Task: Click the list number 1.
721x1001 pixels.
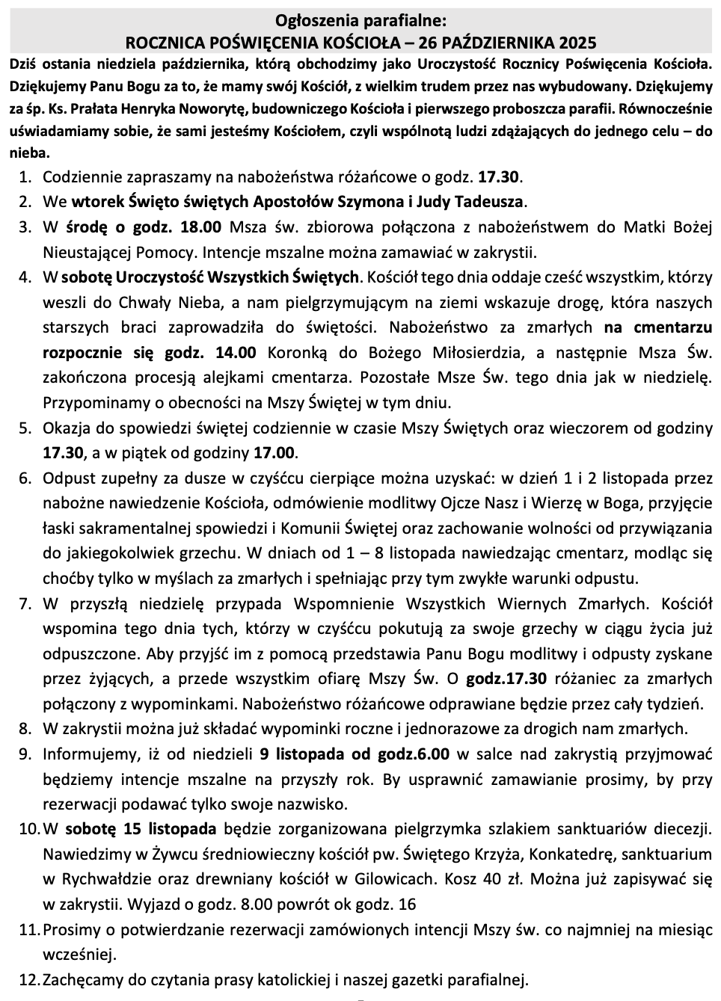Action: click(x=25, y=177)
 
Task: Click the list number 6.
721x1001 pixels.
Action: click(x=25, y=478)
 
